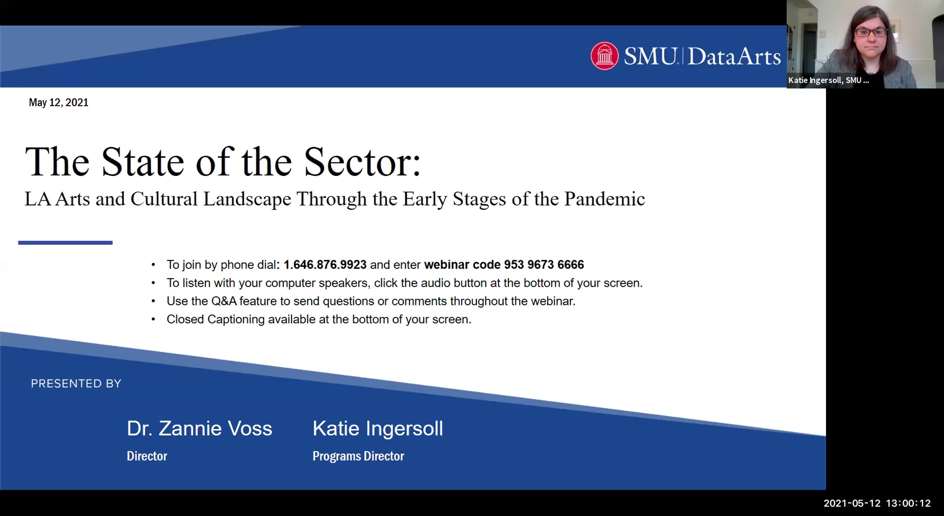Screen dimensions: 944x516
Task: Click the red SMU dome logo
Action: (x=605, y=56)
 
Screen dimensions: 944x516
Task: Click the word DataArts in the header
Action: (x=734, y=57)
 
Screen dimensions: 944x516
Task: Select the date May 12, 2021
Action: (x=59, y=103)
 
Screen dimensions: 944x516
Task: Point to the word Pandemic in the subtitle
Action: (x=605, y=199)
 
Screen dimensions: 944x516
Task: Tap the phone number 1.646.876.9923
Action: (x=325, y=265)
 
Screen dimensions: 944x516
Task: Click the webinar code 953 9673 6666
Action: (x=544, y=265)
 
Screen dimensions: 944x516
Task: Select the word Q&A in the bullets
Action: (x=224, y=301)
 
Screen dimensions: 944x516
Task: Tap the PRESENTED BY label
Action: (x=76, y=384)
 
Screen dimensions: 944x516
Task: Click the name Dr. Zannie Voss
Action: (x=199, y=428)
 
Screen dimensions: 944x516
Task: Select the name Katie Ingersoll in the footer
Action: (x=378, y=428)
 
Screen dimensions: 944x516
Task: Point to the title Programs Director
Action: (x=358, y=456)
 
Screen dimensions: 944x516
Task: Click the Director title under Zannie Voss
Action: (x=147, y=456)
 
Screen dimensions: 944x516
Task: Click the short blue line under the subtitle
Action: (x=65, y=243)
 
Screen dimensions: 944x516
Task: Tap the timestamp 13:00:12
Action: (x=908, y=503)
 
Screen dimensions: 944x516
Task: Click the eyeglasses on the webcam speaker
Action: (x=871, y=32)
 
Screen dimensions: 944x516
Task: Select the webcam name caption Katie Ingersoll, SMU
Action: (x=828, y=81)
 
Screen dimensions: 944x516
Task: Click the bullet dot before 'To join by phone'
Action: (x=153, y=265)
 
